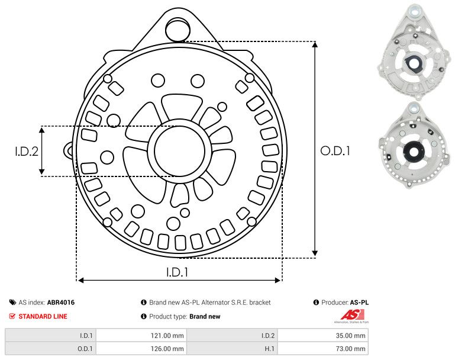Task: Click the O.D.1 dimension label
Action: [x=335, y=151]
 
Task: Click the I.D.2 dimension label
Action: [x=26, y=151]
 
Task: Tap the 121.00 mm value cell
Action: [x=169, y=335]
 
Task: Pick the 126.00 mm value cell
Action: [x=169, y=349]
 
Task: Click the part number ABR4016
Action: [x=61, y=303]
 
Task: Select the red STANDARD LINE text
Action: [x=43, y=316]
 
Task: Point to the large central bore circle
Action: [x=176, y=150]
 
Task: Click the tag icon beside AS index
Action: [x=12, y=303]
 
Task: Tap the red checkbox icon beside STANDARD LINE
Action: [x=12, y=316]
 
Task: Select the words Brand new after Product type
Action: [x=205, y=316]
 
